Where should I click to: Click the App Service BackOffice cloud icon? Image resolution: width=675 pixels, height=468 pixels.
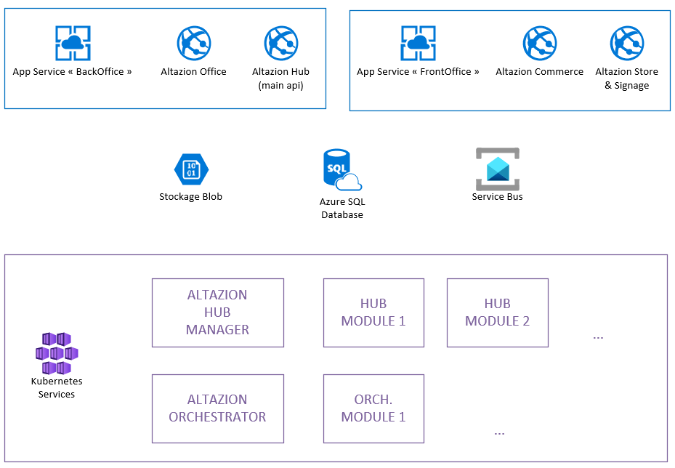[73, 43]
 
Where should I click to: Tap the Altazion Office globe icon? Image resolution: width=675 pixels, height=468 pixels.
[194, 43]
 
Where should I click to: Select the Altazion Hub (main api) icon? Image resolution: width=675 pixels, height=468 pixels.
[281, 43]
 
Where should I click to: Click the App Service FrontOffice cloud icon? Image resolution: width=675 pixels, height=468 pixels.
[418, 43]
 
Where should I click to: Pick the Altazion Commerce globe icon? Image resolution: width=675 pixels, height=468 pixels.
[540, 43]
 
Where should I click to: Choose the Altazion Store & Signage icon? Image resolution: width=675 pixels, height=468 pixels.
[627, 43]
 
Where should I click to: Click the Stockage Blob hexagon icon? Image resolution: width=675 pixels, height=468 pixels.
[191, 170]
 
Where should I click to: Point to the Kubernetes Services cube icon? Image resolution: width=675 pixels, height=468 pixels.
[57, 353]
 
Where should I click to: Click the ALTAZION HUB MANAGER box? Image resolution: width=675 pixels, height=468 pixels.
[217, 312]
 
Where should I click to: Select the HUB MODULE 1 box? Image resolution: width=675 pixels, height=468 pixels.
[373, 312]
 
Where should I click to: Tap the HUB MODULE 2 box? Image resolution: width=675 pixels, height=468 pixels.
[497, 312]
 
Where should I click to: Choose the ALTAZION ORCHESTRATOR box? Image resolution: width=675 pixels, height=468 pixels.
[217, 408]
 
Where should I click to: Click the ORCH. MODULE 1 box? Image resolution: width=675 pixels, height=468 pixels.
[373, 408]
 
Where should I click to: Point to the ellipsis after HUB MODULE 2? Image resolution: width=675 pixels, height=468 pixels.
[599, 337]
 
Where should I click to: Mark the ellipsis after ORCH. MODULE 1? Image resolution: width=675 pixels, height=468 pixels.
[499, 432]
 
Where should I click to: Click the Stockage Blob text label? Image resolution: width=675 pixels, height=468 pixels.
[191, 197]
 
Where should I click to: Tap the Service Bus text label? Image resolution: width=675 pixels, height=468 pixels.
[498, 197]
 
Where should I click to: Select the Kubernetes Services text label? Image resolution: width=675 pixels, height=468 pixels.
[57, 388]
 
